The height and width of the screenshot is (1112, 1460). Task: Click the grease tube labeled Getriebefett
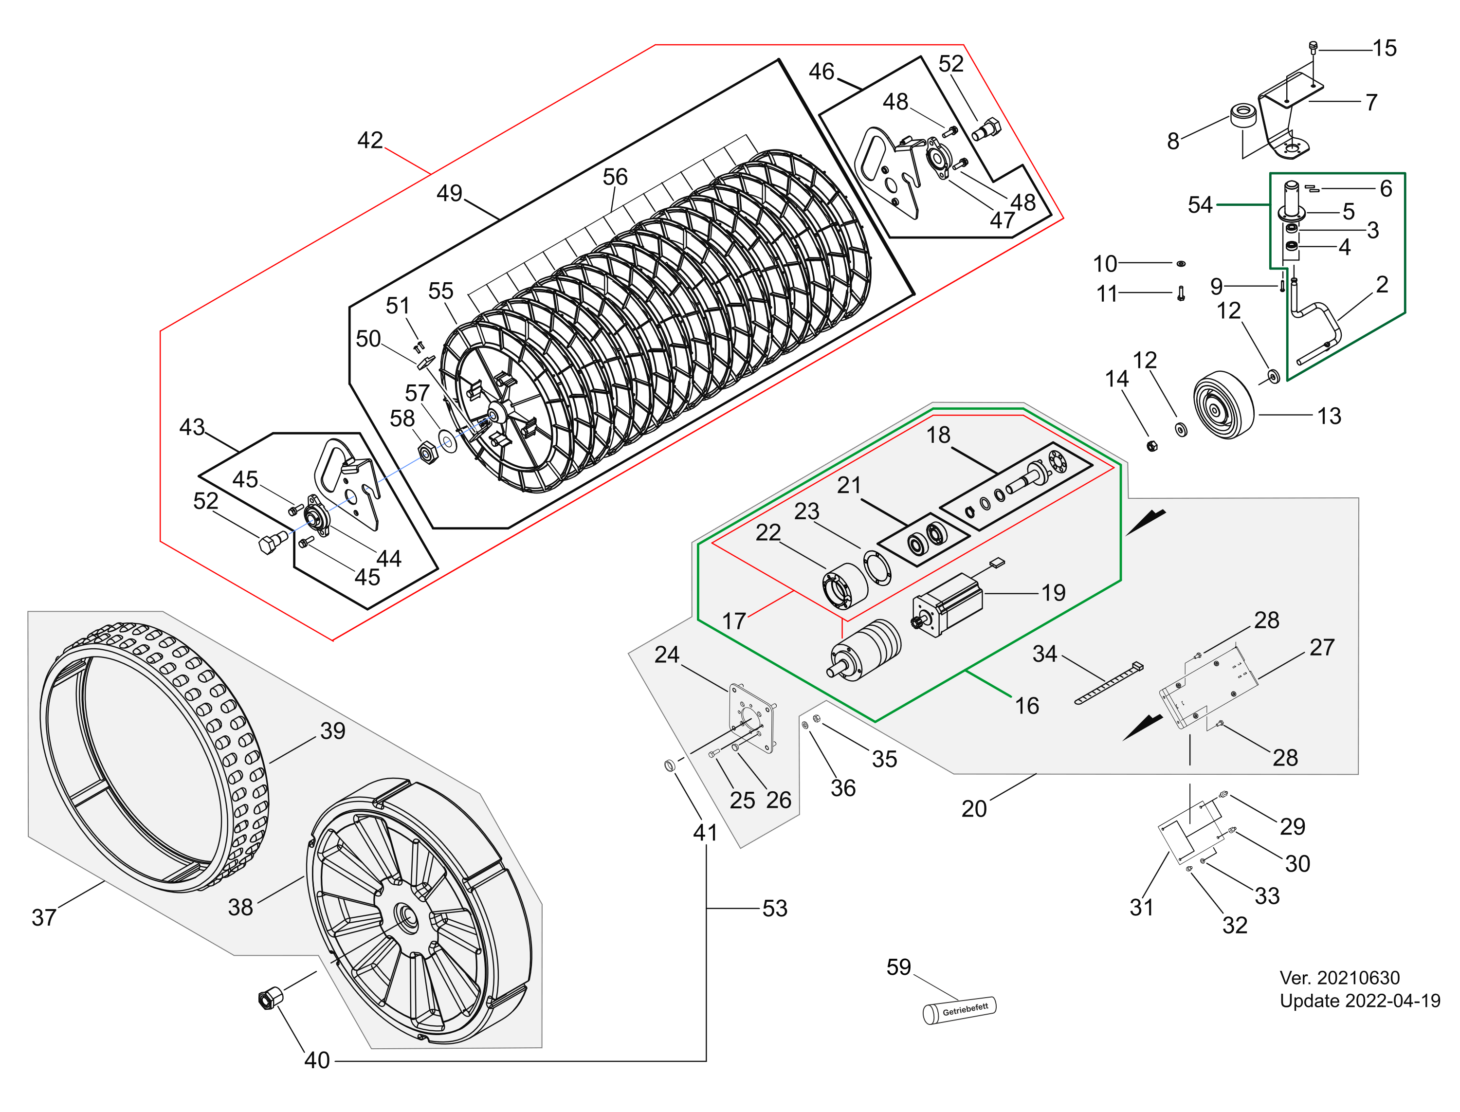click(959, 1010)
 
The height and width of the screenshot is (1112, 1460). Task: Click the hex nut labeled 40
click(268, 998)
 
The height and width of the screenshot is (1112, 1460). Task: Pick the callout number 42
click(370, 140)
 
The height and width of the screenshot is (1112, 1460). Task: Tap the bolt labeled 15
click(1313, 47)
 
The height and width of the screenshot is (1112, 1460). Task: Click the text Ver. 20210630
click(1339, 978)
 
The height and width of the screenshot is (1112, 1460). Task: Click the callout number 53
click(774, 908)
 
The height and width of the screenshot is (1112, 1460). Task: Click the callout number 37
click(44, 917)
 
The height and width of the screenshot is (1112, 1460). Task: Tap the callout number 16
click(1026, 706)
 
